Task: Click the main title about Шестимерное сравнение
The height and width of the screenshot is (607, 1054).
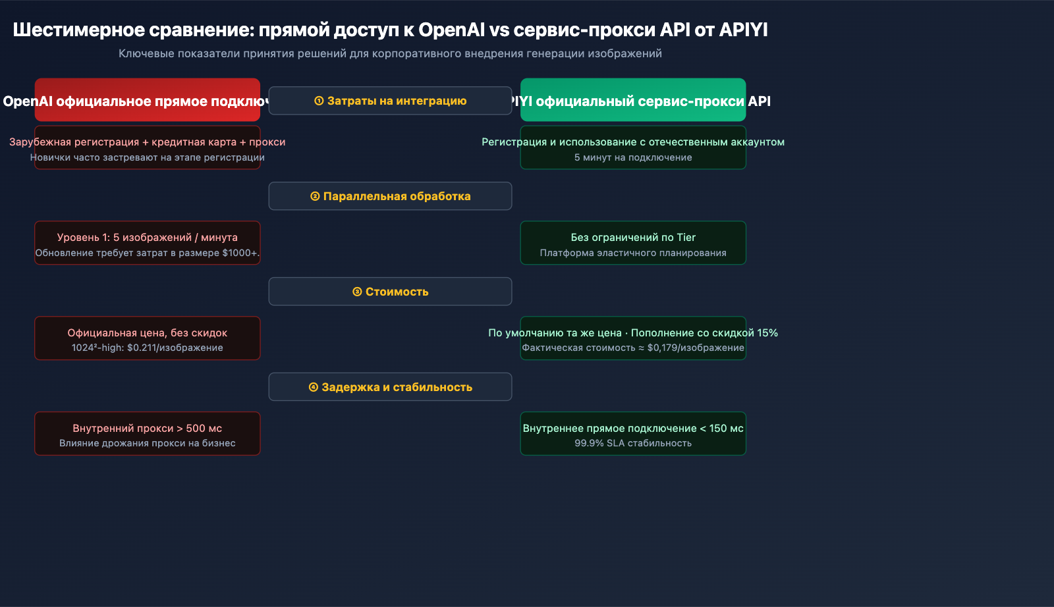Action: [390, 30]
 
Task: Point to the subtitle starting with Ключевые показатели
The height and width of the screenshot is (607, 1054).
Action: [390, 53]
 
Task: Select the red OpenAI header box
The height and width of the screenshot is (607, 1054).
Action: [147, 100]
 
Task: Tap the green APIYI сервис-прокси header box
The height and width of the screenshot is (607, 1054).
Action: [633, 100]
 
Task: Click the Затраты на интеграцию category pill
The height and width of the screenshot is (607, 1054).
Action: [390, 101]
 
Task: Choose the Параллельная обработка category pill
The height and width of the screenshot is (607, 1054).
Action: [390, 196]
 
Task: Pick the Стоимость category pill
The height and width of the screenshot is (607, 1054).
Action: [390, 292]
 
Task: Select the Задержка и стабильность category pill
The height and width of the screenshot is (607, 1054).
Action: [390, 387]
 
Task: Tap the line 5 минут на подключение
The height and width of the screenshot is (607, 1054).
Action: [633, 157]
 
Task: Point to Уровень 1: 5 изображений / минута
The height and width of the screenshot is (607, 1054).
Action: [147, 237]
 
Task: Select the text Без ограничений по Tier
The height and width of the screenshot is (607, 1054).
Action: [633, 237]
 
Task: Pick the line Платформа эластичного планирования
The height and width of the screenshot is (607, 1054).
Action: [633, 253]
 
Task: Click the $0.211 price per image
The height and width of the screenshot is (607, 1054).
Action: [141, 348]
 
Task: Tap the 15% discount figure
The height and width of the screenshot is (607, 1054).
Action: [767, 333]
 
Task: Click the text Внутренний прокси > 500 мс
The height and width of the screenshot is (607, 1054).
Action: [147, 428]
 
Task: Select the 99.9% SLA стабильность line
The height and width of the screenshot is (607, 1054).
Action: [633, 443]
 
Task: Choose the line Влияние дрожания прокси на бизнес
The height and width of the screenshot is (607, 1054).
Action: [147, 443]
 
